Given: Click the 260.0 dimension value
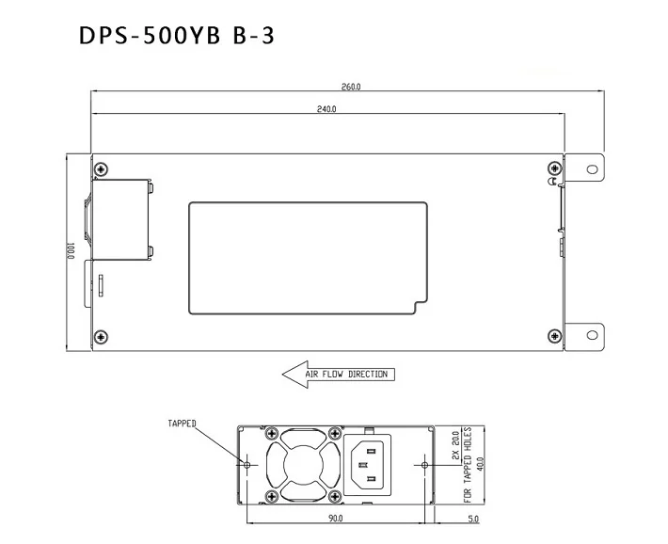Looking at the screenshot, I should pyautogui.click(x=351, y=87).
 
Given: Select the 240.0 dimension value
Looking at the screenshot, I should pyautogui.click(x=326, y=110).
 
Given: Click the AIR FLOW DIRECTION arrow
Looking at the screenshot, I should pyautogui.click(x=339, y=374).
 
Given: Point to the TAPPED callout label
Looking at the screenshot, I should pyautogui.click(x=182, y=424).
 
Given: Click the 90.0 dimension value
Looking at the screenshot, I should pyautogui.click(x=334, y=519).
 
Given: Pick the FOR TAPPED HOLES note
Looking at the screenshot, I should pyautogui.click(x=467, y=463).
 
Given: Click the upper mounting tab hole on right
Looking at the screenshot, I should pyautogui.click(x=591, y=169).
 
